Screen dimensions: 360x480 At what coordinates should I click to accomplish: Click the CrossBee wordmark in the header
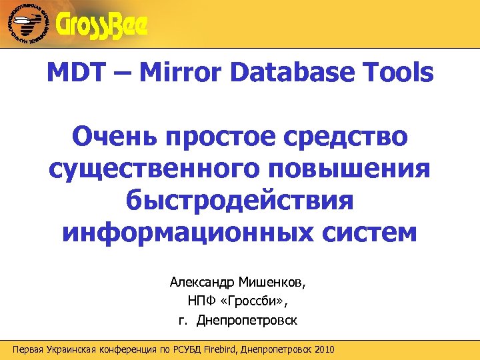103,26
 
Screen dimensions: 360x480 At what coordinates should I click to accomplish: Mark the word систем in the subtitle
365,233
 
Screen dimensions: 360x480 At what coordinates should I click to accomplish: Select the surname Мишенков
275,283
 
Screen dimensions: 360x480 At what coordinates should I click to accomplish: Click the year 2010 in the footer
323,350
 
